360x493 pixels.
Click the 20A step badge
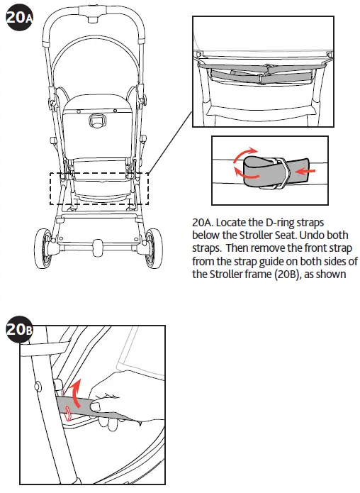(18, 18)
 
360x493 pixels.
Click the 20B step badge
(18, 330)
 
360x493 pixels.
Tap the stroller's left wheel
(49, 251)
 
